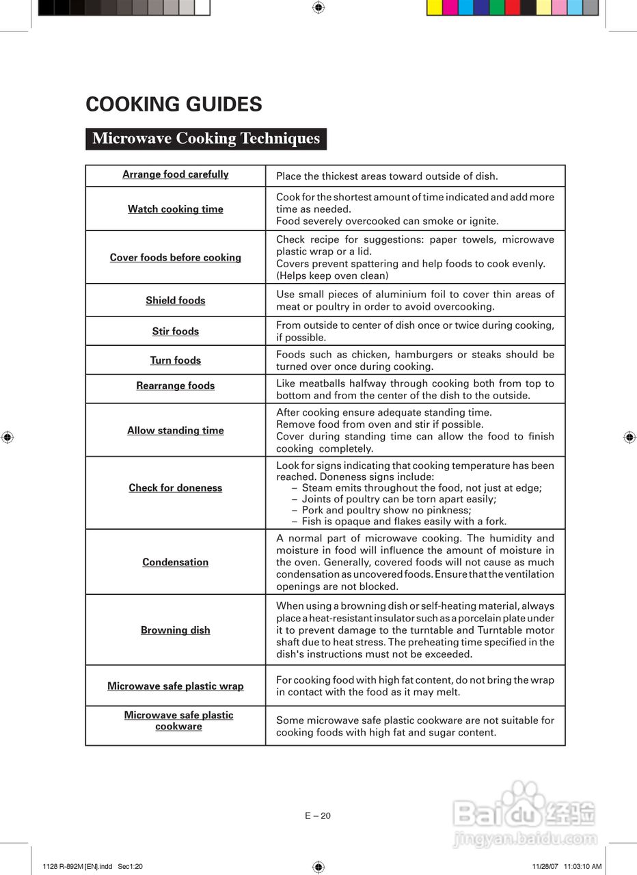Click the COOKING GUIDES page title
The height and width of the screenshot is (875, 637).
174,105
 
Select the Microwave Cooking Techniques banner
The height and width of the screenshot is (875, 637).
206,139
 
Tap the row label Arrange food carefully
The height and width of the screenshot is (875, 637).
176,174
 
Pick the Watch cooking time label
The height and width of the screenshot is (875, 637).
176,209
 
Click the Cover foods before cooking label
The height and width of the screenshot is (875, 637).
176,258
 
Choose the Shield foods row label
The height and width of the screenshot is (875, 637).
176,300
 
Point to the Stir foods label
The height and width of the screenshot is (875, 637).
176,332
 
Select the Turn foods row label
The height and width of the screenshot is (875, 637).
176,360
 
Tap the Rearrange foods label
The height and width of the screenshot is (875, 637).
176,386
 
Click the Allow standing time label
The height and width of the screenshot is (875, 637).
176,431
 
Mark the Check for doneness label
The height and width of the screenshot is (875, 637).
176,488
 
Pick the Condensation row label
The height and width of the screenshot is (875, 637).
176,562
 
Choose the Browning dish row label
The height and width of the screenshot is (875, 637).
176,630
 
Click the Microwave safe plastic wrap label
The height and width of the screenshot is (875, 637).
176,686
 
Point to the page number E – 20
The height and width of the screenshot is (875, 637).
318,816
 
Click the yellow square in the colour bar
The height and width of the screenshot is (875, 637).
434,8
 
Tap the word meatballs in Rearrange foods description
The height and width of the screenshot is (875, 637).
322,383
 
